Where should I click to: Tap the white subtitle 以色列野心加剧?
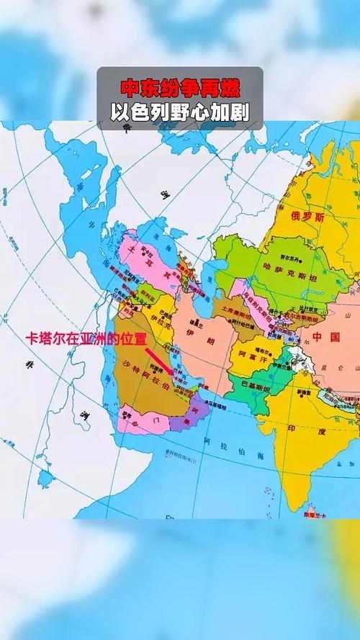180,113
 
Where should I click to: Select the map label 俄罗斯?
307,217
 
